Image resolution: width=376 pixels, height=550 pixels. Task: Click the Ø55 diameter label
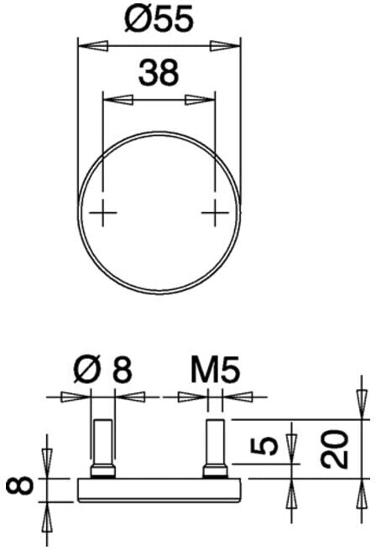pos(159,20)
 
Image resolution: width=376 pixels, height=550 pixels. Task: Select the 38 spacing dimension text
pos(159,73)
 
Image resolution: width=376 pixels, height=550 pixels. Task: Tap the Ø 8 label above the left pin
pos(102,369)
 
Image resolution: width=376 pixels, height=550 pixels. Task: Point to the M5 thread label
pos(216,369)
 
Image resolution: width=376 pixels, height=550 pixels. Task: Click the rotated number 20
pos(335,449)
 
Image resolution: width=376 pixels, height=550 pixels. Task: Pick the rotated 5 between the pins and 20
pos(264,445)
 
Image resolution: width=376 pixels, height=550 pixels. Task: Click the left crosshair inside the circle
pos(102,213)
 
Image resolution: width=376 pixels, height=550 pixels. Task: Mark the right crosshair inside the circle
pos(215,213)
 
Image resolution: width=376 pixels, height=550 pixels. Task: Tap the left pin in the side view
pos(102,449)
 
